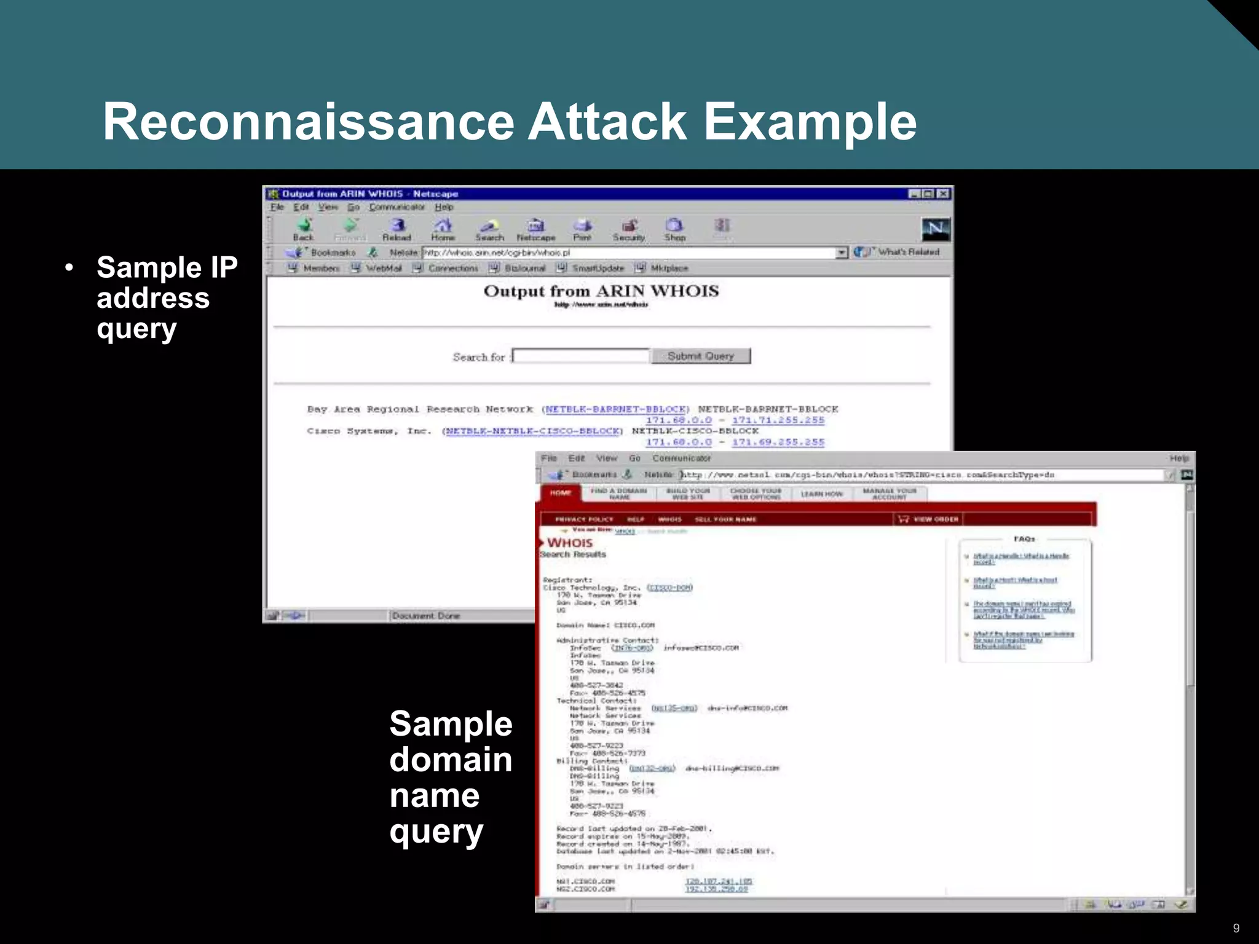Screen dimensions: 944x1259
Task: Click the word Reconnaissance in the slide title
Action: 307,122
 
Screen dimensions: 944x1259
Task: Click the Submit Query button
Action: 701,356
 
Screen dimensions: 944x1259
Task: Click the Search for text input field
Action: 581,356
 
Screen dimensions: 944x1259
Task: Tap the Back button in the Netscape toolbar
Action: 304,229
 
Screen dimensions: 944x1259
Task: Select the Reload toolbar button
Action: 397,229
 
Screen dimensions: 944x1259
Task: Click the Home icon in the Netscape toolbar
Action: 443,229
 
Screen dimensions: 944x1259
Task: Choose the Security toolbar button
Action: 628,229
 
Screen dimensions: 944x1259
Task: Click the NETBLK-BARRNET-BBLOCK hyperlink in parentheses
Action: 615,409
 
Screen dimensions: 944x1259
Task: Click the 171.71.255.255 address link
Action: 778,420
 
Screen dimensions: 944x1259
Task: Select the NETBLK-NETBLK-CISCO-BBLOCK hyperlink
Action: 532,431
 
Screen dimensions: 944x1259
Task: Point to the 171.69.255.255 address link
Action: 778,442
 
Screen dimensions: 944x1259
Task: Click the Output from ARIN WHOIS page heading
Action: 601,291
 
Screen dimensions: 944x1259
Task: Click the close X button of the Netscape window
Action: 943,194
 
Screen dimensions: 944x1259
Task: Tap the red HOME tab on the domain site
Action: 560,493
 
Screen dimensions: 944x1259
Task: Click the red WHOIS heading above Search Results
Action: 570,543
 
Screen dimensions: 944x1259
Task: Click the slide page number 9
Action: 1236,928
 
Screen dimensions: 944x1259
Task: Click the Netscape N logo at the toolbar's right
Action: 936,229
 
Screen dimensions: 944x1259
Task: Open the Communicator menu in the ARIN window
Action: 397,207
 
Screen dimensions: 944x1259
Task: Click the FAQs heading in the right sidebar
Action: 1024,539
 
